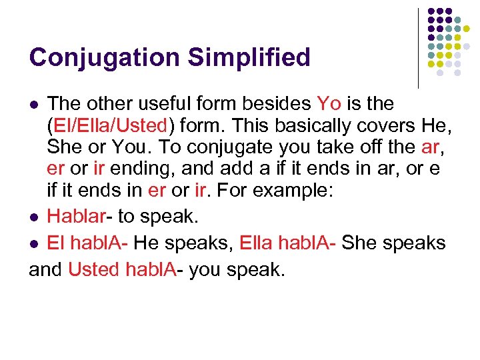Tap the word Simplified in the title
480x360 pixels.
tap(249, 57)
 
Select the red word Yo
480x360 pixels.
tap(329, 103)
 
